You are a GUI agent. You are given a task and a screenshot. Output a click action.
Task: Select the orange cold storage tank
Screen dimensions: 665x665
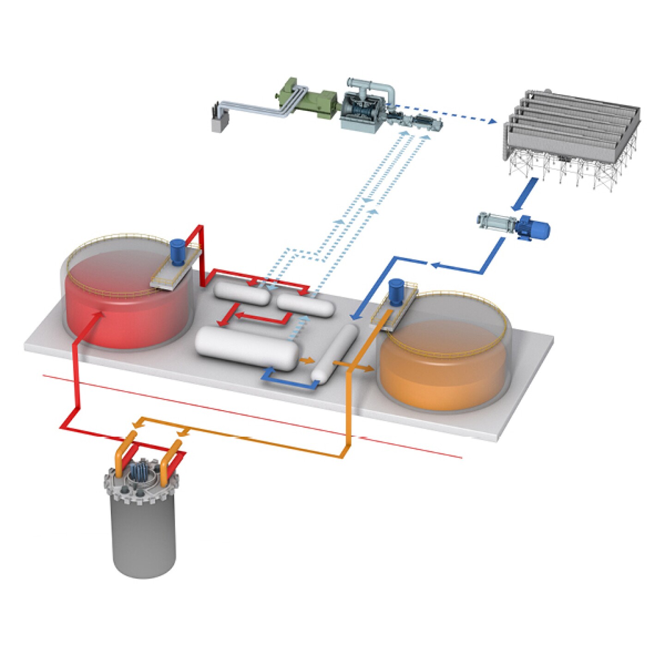[x=443, y=365]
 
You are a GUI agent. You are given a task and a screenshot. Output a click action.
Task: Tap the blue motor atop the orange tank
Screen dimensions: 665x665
[x=396, y=292]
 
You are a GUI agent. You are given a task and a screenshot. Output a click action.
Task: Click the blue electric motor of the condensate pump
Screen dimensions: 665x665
[x=533, y=228]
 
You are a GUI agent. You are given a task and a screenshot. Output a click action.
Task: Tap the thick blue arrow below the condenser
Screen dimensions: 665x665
[x=523, y=193]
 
